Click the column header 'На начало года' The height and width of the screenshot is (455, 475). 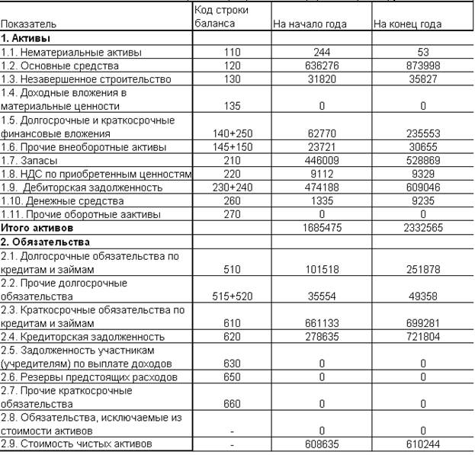[x=310, y=24]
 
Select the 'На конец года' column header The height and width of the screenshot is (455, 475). [x=407, y=24]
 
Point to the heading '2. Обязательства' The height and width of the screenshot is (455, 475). [x=46, y=242]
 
